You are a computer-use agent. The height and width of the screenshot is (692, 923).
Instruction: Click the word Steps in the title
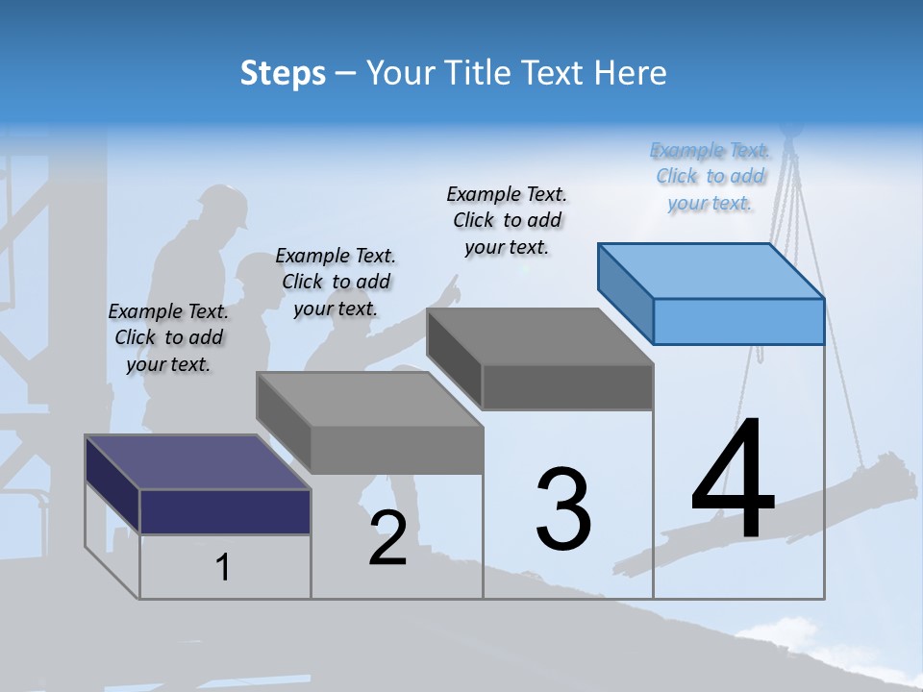(x=283, y=74)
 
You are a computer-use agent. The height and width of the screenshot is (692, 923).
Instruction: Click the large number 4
(x=733, y=481)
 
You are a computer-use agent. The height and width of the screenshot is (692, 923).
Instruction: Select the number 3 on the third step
(x=563, y=509)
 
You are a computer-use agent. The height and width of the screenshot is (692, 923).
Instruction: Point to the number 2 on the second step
(x=388, y=538)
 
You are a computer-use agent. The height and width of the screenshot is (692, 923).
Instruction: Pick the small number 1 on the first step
(x=223, y=568)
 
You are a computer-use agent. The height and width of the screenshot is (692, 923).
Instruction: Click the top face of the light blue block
(x=711, y=271)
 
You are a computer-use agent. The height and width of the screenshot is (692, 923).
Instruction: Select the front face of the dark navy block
(x=225, y=511)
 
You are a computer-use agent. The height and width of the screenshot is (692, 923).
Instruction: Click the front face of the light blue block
(x=738, y=321)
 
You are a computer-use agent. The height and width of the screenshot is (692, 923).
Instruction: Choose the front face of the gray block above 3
(x=567, y=387)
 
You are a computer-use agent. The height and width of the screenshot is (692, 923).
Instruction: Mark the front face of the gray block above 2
(x=396, y=450)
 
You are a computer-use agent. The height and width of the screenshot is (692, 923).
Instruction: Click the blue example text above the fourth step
(x=710, y=177)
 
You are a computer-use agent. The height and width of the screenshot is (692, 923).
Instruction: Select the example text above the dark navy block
(x=168, y=337)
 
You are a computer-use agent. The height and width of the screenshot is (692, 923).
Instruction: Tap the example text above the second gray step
(x=336, y=282)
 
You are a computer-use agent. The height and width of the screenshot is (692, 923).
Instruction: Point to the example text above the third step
(x=507, y=220)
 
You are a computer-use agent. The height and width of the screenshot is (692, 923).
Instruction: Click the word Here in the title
(x=631, y=73)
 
